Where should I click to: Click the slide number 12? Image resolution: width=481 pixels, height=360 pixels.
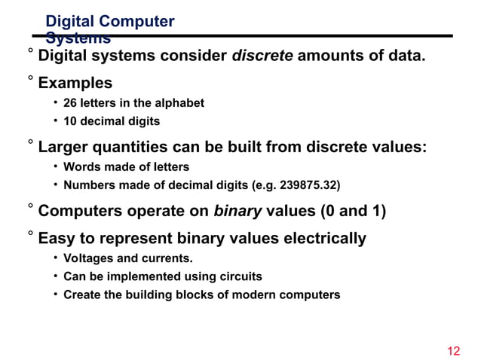[453, 351]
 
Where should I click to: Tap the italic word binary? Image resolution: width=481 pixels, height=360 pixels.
[237, 211]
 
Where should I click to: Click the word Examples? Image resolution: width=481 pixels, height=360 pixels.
[75, 83]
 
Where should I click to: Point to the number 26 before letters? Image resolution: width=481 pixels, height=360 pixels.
[70, 102]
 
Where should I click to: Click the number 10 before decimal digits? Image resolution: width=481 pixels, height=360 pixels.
[70, 121]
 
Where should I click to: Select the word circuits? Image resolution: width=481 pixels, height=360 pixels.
[239, 276]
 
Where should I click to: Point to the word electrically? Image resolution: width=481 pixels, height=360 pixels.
[326, 239]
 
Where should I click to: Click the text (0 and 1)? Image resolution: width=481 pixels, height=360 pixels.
[354, 211]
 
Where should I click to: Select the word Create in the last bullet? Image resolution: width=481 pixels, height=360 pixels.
[81, 294]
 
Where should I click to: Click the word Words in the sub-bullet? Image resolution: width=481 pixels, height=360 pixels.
[81, 166]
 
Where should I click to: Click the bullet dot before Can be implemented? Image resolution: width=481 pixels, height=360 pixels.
[56, 276]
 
